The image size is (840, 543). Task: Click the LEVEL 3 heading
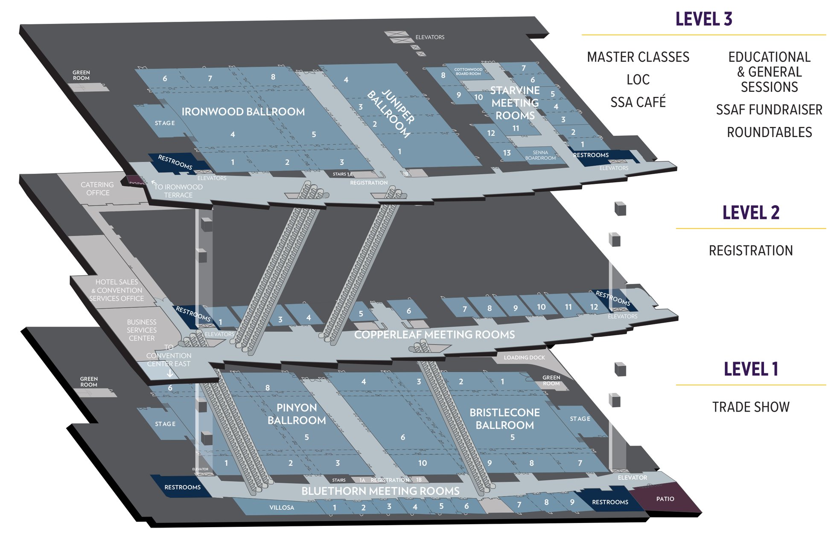(703, 20)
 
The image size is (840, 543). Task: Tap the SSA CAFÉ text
(638, 102)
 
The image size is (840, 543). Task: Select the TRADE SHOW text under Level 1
(750, 407)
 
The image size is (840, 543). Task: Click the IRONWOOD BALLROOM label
(243, 112)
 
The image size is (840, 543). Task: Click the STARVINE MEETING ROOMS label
(515, 103)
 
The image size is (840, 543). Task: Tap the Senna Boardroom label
(540, 155)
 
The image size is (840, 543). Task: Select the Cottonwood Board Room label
(468, 71)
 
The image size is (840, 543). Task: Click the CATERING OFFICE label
(97, 189)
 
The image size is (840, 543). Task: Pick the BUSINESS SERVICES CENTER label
(142, 330)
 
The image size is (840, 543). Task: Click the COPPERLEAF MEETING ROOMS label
(434, 335)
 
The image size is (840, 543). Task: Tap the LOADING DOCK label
(524, 358)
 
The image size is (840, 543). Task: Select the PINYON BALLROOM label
(296, 414)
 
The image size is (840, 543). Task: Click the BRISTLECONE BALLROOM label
(505, 419)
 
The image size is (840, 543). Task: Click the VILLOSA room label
(282, 508)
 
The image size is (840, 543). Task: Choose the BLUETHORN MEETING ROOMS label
(380, 491)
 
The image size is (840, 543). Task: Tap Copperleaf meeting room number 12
(594, 307)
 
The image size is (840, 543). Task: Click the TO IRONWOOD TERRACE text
(178, 191)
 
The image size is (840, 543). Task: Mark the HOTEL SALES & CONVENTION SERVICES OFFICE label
(117, 290)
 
